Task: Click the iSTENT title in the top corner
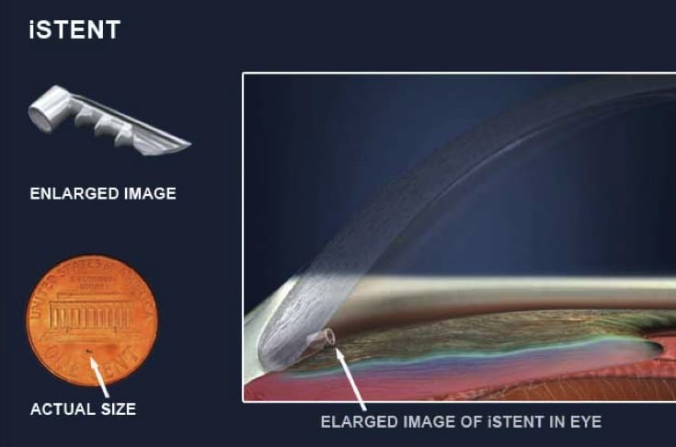[x=74, y=29]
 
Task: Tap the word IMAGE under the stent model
[x=151, y=193]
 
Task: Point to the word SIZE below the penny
[x=119, y=409]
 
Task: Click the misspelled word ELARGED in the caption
[x=360, y=421]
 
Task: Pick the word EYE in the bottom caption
[x=586, y=421]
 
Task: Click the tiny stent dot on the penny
[x=88, y=351]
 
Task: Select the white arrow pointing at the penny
[x=99, y=377]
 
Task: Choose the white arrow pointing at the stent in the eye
[x=351, y=378]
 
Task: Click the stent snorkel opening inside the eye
[x=330, y=337]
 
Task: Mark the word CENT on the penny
[x=119, y=363]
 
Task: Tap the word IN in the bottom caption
[x=557, y=421]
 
